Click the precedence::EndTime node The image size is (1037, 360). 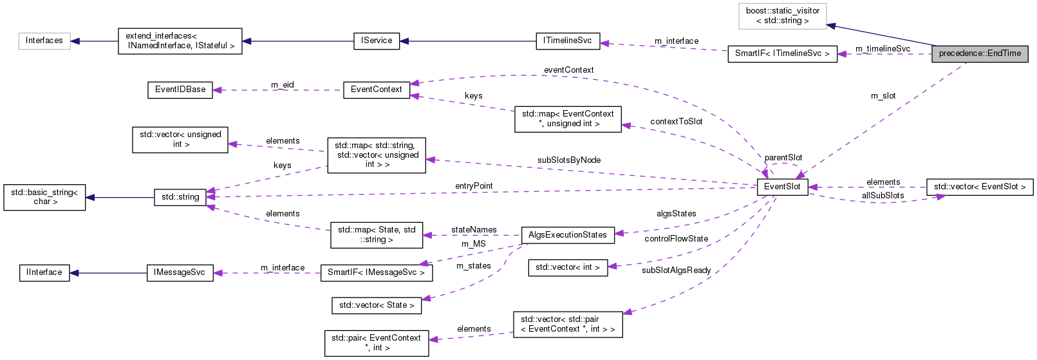980,54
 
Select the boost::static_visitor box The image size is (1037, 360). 782,16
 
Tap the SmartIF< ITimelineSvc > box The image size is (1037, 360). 782,53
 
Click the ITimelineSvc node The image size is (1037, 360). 567,41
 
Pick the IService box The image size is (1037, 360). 377,41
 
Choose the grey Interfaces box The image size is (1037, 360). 44,41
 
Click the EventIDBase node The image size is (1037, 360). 180,90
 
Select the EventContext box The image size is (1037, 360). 377,90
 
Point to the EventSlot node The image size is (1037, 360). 782,187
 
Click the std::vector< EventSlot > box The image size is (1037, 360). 980,187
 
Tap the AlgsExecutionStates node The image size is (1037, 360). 567,235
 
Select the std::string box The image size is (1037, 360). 180,197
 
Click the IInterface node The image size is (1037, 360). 44,272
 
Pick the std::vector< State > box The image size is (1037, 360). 377,305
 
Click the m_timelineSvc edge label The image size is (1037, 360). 883,49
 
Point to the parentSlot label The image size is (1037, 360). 783,158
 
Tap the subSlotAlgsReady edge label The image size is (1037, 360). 676,270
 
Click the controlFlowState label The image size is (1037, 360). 676,239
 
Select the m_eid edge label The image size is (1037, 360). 282,85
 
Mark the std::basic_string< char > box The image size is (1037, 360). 44,197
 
